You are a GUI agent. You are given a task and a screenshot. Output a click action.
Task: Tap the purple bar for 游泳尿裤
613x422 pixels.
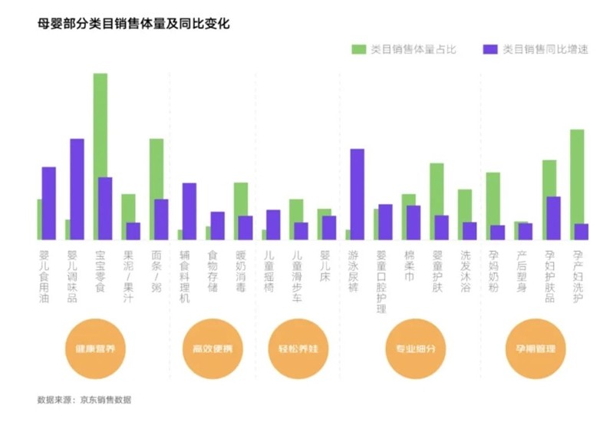click(357, 194)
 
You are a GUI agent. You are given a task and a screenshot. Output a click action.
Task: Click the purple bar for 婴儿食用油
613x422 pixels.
click(49, 203)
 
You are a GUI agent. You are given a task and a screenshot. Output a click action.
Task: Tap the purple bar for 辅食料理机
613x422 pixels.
click(189, 211)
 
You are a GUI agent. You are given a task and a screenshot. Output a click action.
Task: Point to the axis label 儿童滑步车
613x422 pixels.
click(297, 272)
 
